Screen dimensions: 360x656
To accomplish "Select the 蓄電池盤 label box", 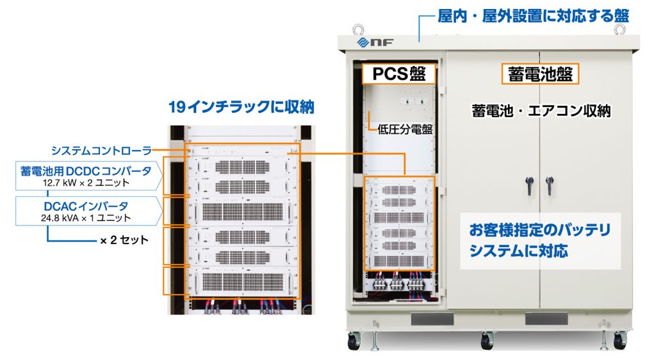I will tap(539, 74).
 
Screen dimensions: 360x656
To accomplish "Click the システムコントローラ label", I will tap(101, 151).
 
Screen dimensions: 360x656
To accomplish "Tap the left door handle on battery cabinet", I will tap(530, 185).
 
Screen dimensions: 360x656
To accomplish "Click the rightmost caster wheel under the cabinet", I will tap(619, 341).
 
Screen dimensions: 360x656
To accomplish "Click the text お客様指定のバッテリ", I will tap(539, 230).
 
